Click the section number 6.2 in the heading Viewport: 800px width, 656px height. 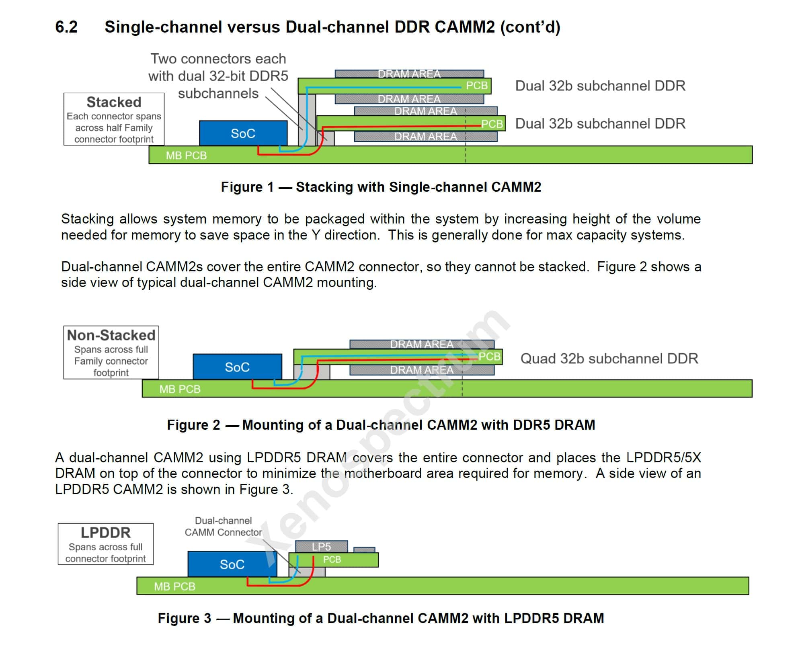click(x=66, y=27)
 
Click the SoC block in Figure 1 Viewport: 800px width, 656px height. click(x=243, y=133)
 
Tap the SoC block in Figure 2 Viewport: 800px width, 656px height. click(x=237, y=367)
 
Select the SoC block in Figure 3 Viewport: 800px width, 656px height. click(x=232, y=564)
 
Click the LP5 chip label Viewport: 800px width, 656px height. click(x=321, y=546)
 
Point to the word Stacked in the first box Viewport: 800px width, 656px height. click(x=114, y=102)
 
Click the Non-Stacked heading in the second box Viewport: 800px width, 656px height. click(x=111, y=335)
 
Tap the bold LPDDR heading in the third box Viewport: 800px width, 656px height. click(x=105, y=532)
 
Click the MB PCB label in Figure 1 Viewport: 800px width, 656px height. click(x=186, y=156)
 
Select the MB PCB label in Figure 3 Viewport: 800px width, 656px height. click(x=174, y=586)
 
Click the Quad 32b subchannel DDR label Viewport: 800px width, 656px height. click(x=609, y=358)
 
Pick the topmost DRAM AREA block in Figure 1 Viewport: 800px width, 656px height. click(x=409, y=74)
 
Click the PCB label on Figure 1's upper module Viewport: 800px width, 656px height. click(x=476, y=86)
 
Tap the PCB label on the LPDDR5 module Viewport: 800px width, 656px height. click(x=332, y=559)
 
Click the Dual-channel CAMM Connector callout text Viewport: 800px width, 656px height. click(x=223, y=526)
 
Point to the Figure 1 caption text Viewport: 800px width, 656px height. click(x=381, y=187)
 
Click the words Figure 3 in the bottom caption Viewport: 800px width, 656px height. click(x=184, y=618)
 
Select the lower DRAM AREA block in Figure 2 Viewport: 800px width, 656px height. click(x=422, y=370)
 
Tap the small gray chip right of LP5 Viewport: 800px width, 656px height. click(x=364, y=549)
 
